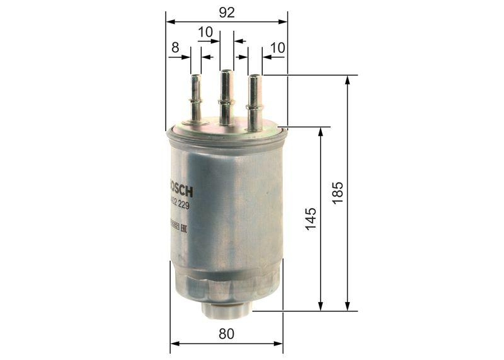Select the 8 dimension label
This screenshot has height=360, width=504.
pyautogui.click(x=175, y=47)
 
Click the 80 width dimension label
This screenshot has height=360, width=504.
pyautogui.click(x=227, y=334)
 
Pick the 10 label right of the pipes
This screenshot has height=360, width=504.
pyautogui.click(x=278, y=47)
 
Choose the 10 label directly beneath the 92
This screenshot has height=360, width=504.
pyautogui.click(x=205, y=32)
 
